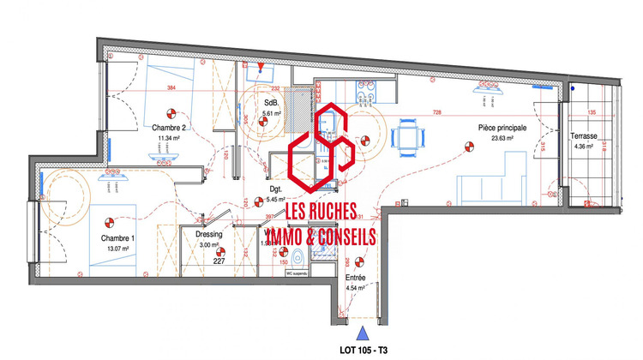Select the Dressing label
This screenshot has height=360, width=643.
(209, 233)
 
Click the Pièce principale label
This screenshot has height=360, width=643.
(502, 128)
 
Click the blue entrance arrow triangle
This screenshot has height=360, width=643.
(363, 331)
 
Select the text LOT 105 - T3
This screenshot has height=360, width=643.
(364, 350)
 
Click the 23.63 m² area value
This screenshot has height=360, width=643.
(501, 139)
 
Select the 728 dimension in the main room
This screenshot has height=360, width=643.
(437, 114)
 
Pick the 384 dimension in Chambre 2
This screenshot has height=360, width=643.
(171, 89)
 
